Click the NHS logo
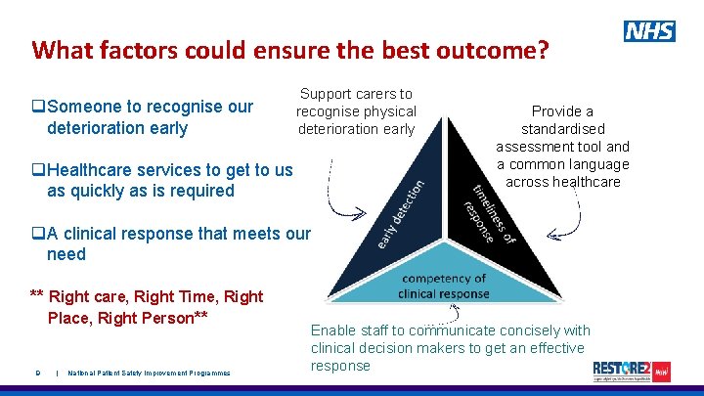point(649,31)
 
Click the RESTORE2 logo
point(632,371)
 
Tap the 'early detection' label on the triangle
point(400,211)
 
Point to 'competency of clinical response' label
point(443,286)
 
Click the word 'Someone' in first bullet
point(87,107)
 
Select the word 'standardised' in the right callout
point(562,129)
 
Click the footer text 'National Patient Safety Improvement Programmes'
point(149,373)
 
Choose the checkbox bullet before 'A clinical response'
point(38,234)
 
